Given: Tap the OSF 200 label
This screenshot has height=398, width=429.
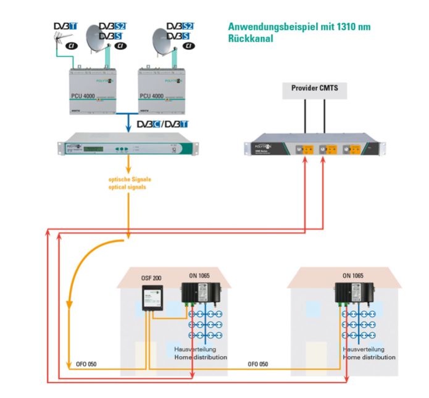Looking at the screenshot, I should coord(152,278).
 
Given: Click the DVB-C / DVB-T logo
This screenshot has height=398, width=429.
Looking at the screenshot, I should coord(162,123).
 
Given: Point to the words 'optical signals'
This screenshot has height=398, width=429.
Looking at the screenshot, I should coord(128,186).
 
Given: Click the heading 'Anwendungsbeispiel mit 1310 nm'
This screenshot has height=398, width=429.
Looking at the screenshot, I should coord(299,27).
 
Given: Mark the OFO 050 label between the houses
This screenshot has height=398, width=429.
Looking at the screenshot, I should coord(258,364).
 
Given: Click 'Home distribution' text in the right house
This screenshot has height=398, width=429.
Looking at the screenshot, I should coord(369,357).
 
